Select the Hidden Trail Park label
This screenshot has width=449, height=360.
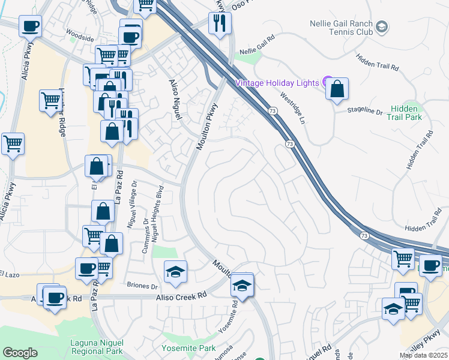coord(406,112)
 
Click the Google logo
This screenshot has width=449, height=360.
coord(20,353)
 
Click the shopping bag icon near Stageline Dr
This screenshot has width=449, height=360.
coord(338,89)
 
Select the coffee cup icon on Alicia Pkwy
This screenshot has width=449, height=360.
coord(30,26)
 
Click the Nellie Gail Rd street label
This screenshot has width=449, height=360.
coord(257,52)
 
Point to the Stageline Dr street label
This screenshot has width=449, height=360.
coord(366,111)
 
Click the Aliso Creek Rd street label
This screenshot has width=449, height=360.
coord(181,295)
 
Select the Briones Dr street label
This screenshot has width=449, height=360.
coord(142,286)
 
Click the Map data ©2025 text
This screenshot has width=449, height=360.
coord(423,355)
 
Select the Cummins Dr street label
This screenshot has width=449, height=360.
coord(146,235)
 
